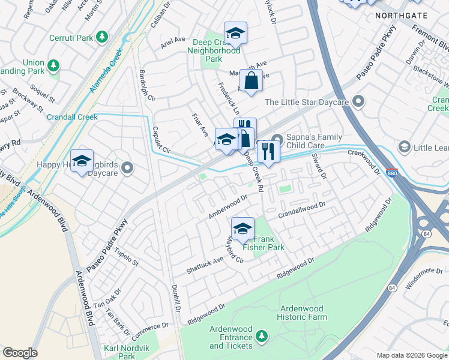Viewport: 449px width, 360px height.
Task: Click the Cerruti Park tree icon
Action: pyautogui.click(x=102, y=38)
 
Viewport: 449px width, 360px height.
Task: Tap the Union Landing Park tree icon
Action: pyautogui.click(x=53, y=64)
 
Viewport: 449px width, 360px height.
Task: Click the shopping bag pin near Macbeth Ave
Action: pyautogui.click(x=251, y=80)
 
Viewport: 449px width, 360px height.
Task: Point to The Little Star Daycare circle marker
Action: pyautogui.click(x=358, y=101)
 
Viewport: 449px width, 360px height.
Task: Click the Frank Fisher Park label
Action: pyautogui.click(x=263, y=242)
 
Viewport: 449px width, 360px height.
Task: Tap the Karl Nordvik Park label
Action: pyautogui.click(x=126, y=352)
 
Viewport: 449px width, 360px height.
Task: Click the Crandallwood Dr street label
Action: pyautogui.click(x=301, y=213)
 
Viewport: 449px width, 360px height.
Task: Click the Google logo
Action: pyautogui.click(x=20, y=353)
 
